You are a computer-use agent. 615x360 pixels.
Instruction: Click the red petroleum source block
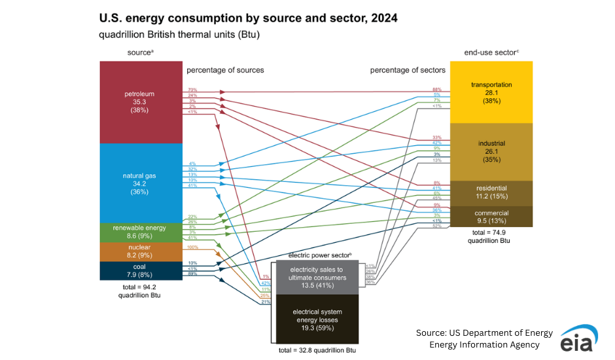tap(140, 102)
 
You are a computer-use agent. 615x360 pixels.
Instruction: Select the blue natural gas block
tap(140, 183)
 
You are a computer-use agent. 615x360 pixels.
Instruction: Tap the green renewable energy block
tap(140, 232)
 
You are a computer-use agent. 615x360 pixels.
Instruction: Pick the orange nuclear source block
tap(140, 251)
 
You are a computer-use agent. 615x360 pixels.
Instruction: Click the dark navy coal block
tap(140, 270)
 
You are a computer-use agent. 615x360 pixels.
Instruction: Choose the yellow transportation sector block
tap(491, 92)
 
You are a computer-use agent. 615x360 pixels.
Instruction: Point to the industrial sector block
tap(491, 151)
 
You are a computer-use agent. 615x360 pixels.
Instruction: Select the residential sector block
tap(491, 193)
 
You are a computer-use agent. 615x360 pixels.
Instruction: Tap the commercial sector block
tap(491, 217)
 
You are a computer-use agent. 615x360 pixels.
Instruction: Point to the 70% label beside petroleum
tap(192, 89)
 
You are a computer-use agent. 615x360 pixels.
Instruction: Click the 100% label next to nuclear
tap(192, 247)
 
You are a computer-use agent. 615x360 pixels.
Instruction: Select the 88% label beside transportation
tap(436, 89)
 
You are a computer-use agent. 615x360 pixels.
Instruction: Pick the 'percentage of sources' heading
tap(225, 70)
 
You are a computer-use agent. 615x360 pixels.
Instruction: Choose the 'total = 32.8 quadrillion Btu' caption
tap(317, 350)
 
